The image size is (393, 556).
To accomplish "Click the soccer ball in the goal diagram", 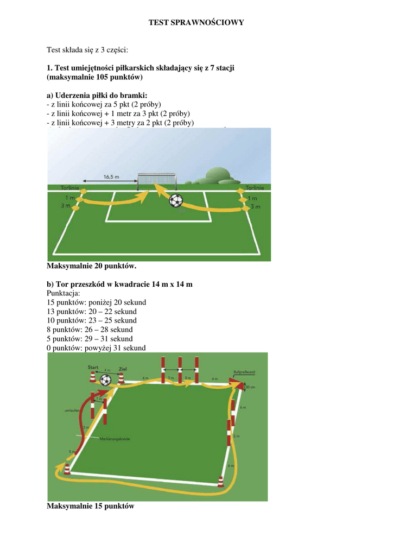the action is [176, 201].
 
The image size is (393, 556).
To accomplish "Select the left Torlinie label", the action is [70, 188].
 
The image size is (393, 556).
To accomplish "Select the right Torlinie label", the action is [254, 188].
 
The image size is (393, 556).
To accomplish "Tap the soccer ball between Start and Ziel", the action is [106, 380].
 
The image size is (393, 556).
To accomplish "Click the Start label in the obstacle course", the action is [93, 368].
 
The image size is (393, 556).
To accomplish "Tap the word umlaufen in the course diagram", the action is [72, 411].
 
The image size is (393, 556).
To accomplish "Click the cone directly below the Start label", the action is [93, 378].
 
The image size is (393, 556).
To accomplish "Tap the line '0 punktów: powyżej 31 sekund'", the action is [96, 348].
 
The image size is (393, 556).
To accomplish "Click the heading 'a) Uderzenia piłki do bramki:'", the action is [97, 95].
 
